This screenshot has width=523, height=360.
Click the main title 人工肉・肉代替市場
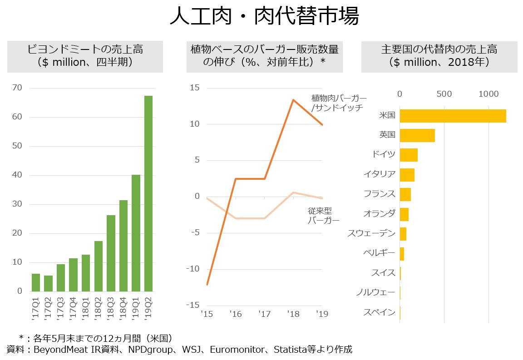tap(264, 17)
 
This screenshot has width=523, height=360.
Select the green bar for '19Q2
tap(148, 194)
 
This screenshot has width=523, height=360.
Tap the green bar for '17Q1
tap(36, 282)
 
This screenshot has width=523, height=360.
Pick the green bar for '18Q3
tap(111, 253)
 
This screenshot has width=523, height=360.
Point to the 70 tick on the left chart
tap(17, 88)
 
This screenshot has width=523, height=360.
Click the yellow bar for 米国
tap(453, 116)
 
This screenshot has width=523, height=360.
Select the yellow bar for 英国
tap(417, 135)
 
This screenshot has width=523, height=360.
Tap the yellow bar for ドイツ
tap(408, 155)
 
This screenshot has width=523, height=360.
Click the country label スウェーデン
tap(371, 233)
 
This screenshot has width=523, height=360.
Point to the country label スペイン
tap(379, 312)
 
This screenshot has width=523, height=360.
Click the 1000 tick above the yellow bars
tap(488, 94)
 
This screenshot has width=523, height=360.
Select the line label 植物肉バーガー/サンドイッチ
tap(339, 103)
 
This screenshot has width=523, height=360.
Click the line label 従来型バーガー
tap(323, 216)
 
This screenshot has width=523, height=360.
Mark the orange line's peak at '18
tap(293, 100)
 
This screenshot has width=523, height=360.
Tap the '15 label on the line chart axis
tap(207, 314)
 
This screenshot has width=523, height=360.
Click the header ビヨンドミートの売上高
tap(85, 49)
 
